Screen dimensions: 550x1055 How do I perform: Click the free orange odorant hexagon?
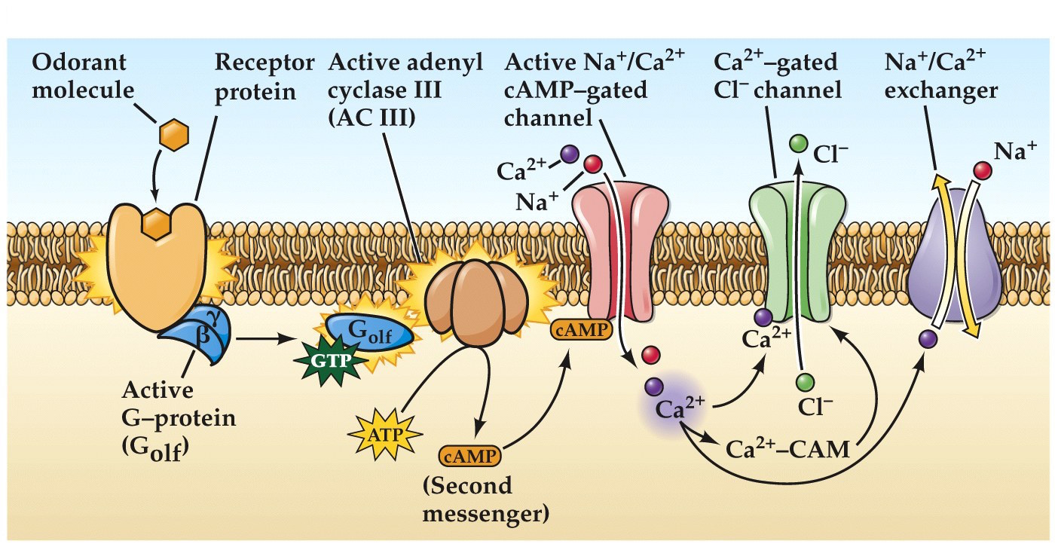tap(173, 136)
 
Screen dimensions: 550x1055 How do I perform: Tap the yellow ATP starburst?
tap(387, 435)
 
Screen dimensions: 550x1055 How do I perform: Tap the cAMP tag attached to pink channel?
tap(583, 329)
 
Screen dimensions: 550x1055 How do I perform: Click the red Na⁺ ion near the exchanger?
tap(981, 170)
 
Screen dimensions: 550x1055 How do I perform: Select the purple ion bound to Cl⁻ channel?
tap(763, 317)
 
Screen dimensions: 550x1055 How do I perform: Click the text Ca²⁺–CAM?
tap(787, 450)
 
